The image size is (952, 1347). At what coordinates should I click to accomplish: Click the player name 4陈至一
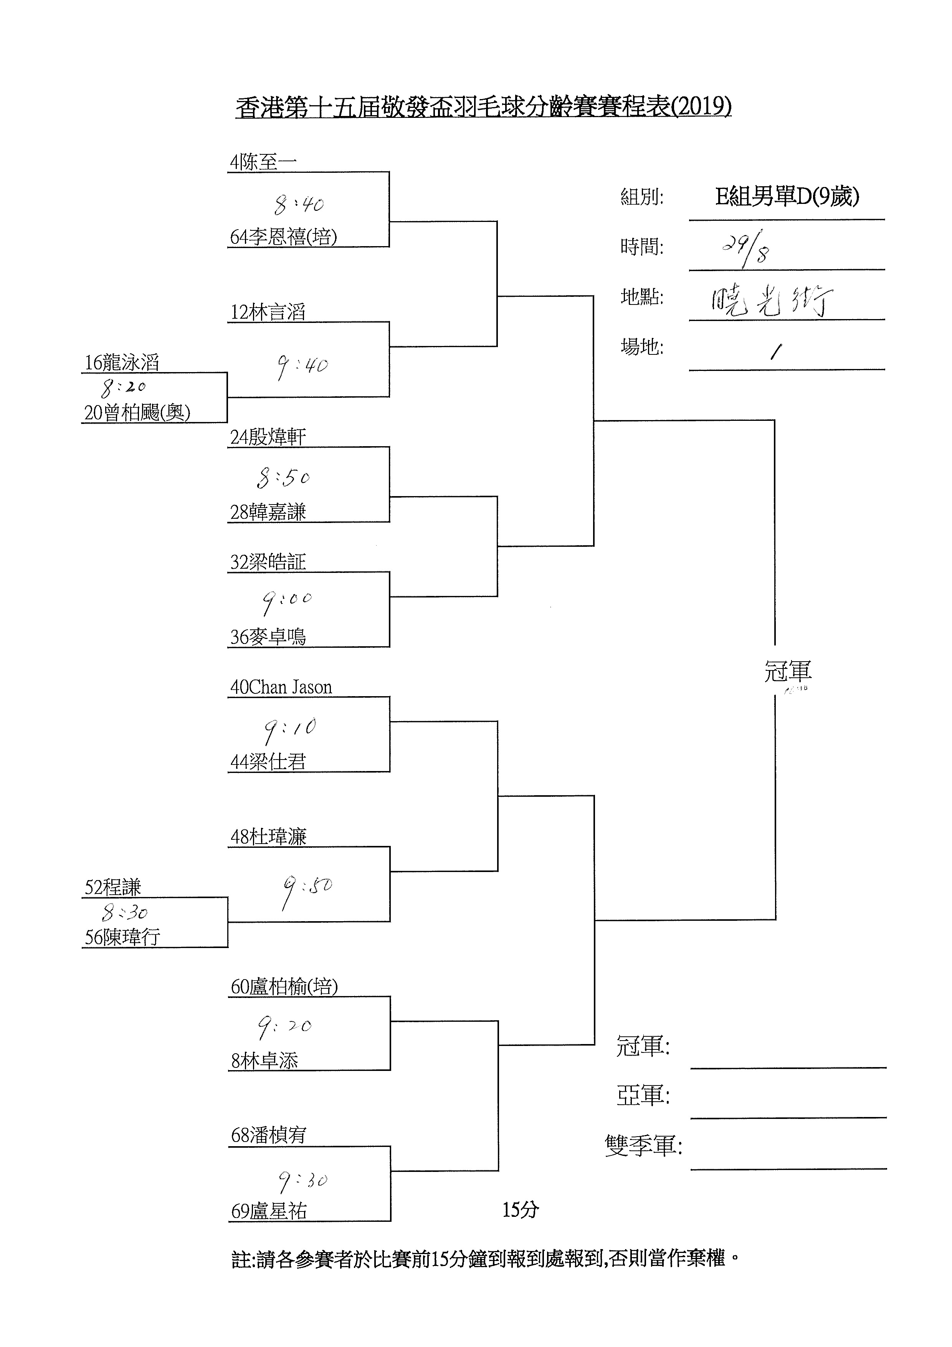click(263, 162)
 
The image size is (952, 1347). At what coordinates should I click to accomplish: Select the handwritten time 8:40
click(299, 205)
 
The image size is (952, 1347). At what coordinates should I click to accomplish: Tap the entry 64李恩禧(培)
click(283, 237)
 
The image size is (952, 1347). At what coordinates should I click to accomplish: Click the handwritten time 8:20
click(124, 387)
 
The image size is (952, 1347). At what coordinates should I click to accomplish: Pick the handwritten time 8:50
click(283, 478)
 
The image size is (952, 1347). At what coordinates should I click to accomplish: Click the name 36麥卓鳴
click(268, 637)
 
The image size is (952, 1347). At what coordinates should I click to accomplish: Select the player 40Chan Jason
click(281, 687)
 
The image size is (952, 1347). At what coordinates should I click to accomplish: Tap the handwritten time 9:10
click(290, 729)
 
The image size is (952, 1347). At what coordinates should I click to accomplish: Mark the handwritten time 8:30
click(124, 912)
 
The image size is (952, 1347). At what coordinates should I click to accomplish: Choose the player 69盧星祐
click(269, 1211)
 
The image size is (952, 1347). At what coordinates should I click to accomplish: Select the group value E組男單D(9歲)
click(787, 197)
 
